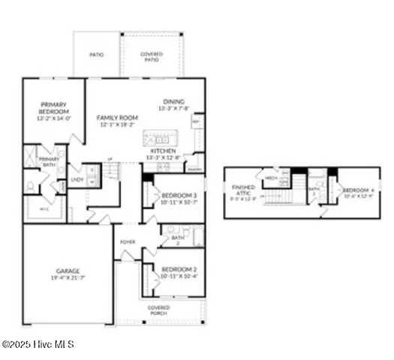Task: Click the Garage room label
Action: click(67, 271)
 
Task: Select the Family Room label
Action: click(116, 118)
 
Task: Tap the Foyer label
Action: click(128, 242)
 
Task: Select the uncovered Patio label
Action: click(97, 55)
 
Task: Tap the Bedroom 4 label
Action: click(357, 190)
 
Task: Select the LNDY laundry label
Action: click(77, 179)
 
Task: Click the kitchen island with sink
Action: click(159, 139)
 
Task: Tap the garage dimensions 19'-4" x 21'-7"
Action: click(67, 278)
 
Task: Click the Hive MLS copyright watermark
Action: click(38, 344)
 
